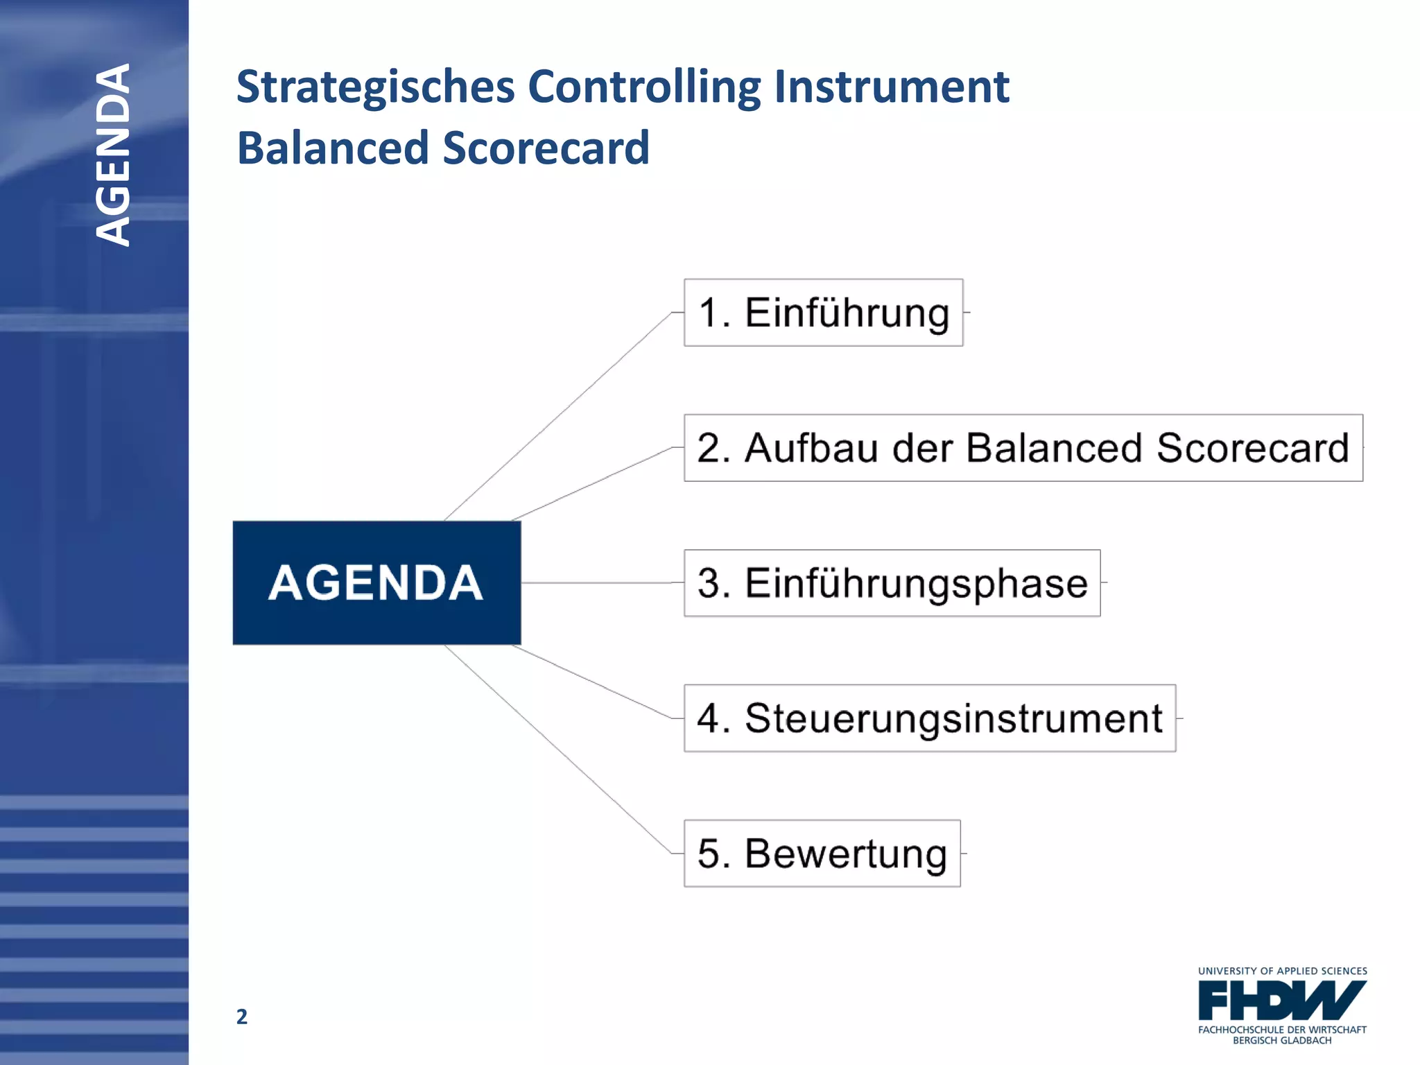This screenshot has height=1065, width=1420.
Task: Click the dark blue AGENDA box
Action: coord(376,582)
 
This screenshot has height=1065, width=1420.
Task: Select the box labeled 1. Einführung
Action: coord(823,313)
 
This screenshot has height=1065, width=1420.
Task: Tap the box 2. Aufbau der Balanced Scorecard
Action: coord(1023,448)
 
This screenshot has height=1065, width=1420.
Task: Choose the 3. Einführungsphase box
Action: coord(892,583)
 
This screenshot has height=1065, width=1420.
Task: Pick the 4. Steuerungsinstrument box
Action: coord(929,718)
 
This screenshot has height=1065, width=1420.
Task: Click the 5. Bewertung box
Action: coord(822,854)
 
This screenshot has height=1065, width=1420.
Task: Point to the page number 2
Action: coord(241,1016)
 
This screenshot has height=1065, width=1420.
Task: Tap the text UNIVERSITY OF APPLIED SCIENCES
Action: coord(1282,971)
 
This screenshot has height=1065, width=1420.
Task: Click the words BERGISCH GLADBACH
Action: coord(1282,1041)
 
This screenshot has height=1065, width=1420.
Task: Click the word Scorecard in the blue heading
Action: coord(546,148)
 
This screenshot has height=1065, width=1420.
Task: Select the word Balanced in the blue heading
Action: coord(334,148)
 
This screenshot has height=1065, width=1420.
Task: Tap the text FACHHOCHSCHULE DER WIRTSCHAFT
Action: coord(1282,1030)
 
